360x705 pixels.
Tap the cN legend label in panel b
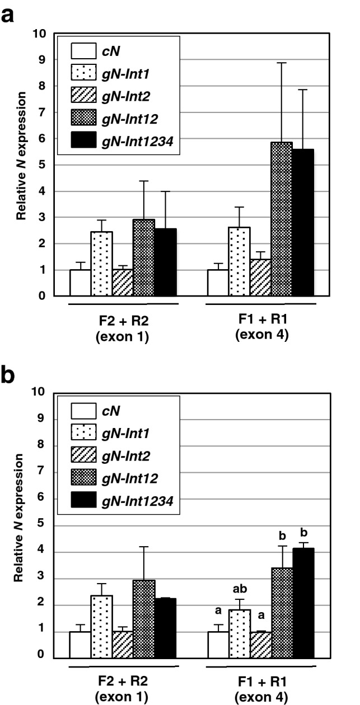[110, 411]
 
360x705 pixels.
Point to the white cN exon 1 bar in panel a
[80, 283]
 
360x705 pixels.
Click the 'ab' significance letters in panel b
[239, 589]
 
